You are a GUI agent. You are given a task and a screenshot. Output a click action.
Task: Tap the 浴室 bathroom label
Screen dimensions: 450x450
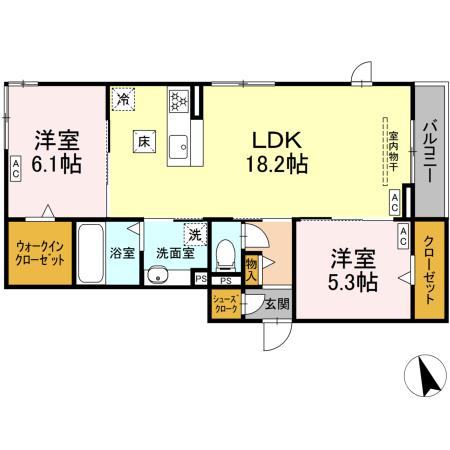tap(121, 254)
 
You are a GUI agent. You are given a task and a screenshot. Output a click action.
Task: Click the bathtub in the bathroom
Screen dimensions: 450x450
tap(89, 257)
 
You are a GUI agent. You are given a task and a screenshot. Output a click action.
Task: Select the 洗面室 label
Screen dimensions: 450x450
tap(174, 254)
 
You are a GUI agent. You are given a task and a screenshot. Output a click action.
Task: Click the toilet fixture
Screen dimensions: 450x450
tap(226, 256)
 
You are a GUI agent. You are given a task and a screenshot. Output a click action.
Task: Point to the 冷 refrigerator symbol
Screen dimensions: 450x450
tap(123, 99)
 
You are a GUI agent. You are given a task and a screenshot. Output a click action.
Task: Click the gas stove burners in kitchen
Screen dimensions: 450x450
tap(179, 100)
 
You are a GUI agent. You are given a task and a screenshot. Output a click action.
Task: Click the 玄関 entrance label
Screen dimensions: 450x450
tap(277, 304)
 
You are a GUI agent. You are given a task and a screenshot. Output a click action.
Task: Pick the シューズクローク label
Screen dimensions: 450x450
tap(224, 304)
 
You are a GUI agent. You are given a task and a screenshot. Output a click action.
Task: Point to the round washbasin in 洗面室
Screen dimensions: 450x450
tap(156, 277)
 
